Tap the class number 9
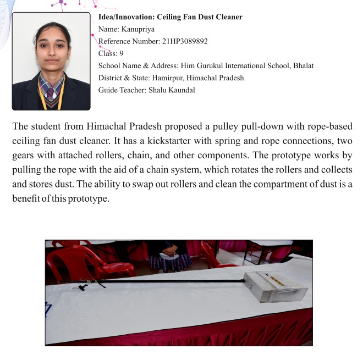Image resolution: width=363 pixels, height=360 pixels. click(x=122, y=53)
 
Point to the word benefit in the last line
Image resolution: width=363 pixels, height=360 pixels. click(x=27, y=197)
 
